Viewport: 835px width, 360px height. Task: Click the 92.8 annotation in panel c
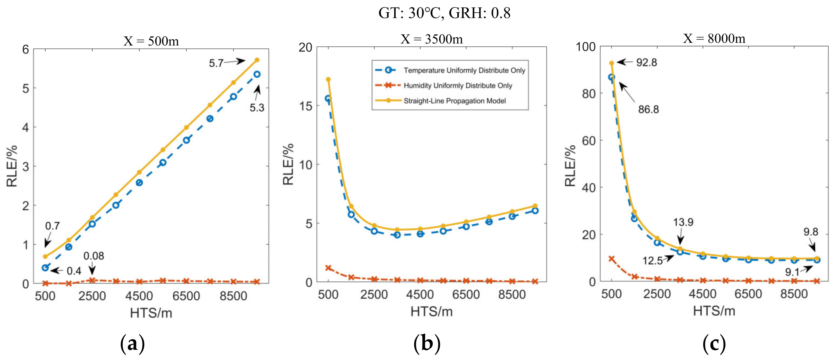tap(646, 62)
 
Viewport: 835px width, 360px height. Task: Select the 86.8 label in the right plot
tap(648, 109)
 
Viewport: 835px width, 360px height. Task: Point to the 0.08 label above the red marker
tap(94, 256)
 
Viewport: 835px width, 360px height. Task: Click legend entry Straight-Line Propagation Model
tap(454, 101)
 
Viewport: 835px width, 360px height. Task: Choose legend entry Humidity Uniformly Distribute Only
tap(458, 86)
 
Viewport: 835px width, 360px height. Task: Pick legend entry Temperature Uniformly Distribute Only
tap(464, 70)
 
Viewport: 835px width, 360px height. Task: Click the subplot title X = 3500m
tap(431, 39)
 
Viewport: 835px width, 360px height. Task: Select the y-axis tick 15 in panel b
tap(305, 106)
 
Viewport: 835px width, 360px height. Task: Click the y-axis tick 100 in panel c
tap(586, 47)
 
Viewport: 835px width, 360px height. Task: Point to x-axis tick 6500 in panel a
tap(186, 296)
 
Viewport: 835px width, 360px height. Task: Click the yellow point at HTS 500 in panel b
tap(328, 79)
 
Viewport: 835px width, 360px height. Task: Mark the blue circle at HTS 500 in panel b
tap(328, 98)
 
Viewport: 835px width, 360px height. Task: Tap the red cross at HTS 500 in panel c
tap(612, 259)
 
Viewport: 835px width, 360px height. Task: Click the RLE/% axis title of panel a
tap(12, 166)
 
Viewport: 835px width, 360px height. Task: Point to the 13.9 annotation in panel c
tap(683, 222)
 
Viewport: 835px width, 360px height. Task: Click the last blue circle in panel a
tap(257, 74)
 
